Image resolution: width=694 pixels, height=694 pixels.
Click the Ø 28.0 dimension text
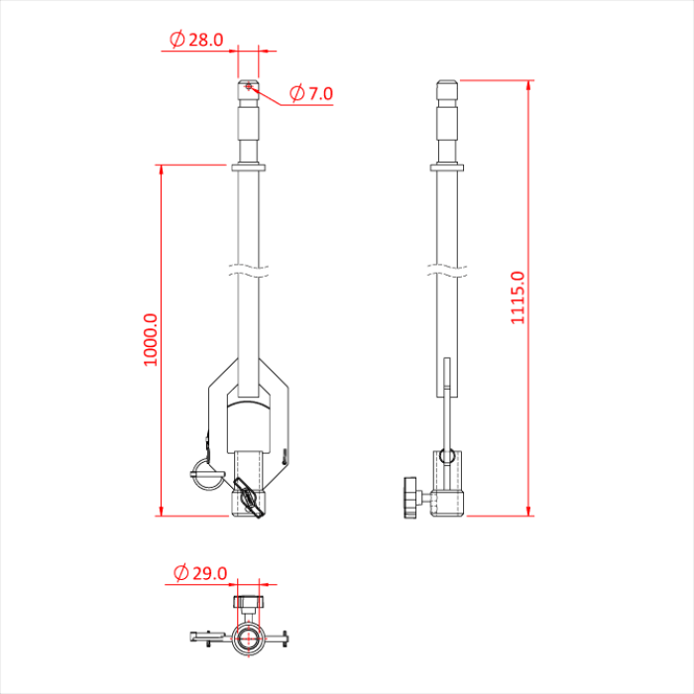[x=197, y=40]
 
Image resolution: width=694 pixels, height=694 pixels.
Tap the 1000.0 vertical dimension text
[x=151, y=340]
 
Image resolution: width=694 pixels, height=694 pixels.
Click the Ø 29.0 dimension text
[x=201, y=573]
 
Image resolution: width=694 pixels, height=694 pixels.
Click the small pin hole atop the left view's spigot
[x=248, y=88]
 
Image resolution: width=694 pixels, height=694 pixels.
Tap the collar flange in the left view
[x=248, y=168]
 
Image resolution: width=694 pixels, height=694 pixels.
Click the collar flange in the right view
[x=449, y=168]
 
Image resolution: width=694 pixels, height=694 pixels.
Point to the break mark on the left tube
[x=248, y=269]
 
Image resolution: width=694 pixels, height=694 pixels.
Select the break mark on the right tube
[x=449, y=269]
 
